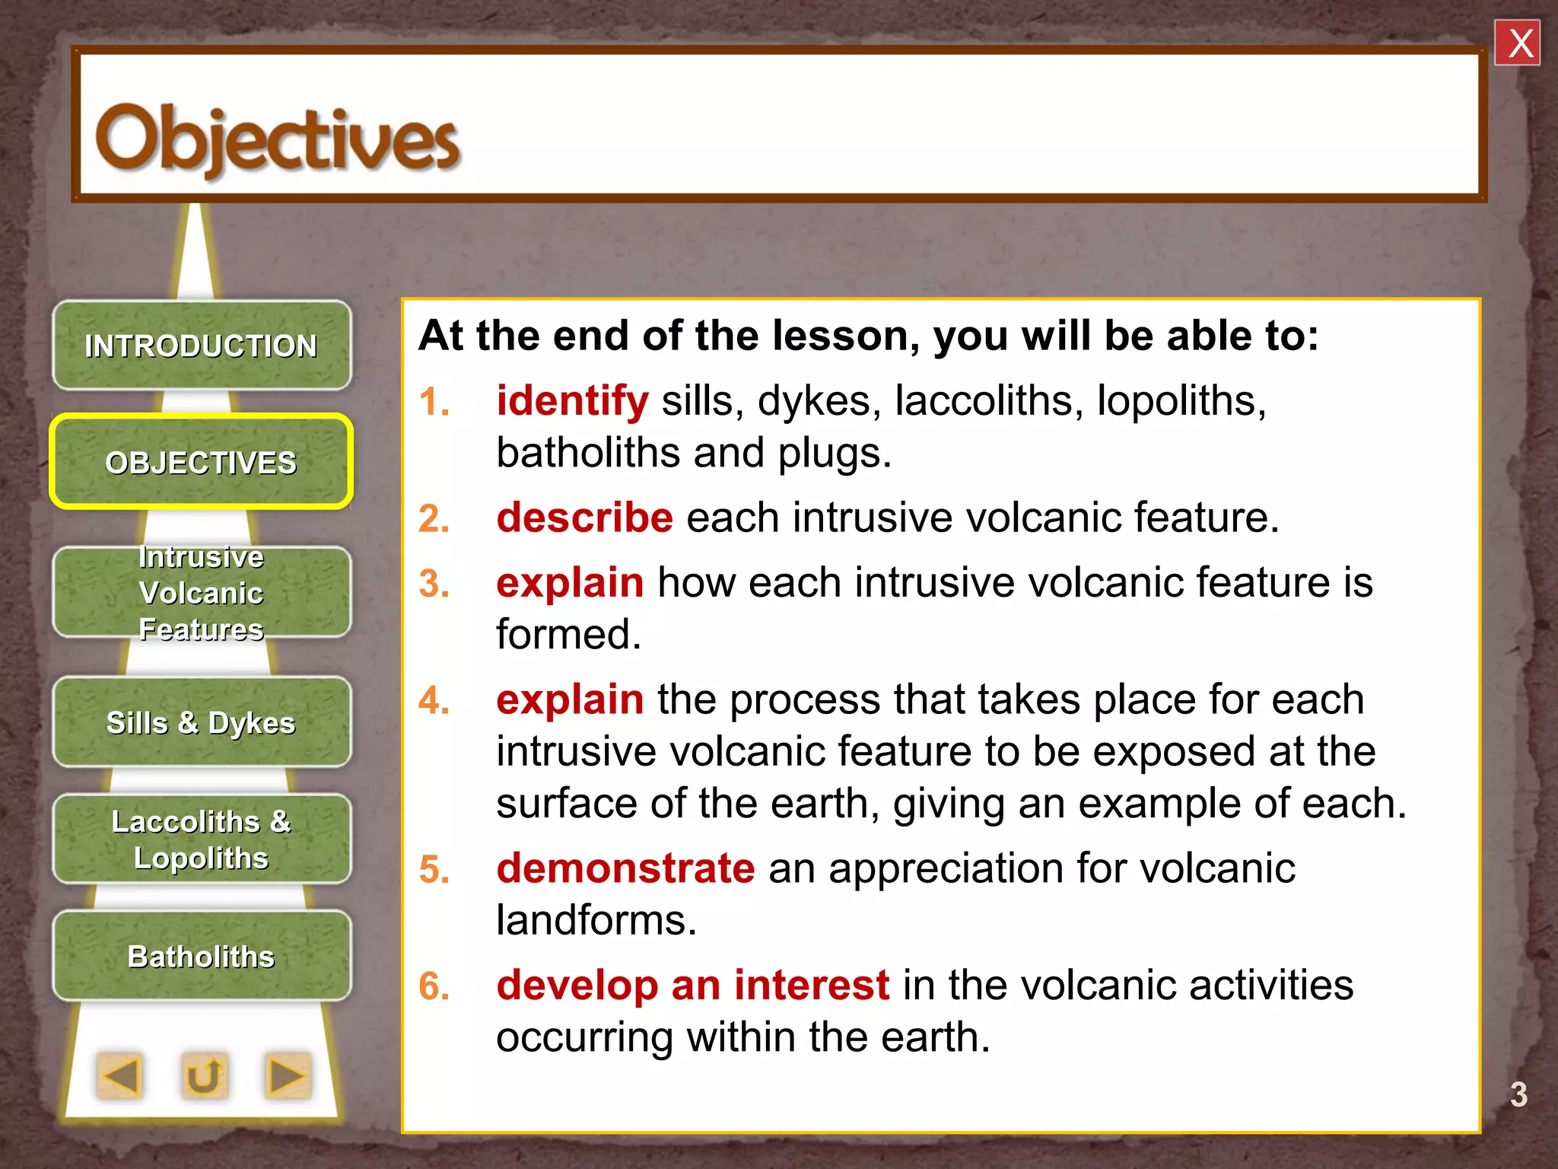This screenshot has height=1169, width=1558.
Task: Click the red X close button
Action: pyautogui.click(x=1517, y=43)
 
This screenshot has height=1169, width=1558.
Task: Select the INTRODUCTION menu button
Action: pyautogui.click(x=202, y=346)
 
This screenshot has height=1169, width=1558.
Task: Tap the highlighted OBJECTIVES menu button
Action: pyautogui.click(x=202, y=462)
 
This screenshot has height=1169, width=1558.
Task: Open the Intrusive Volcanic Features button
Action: pyautogui.click(x=202, y=593)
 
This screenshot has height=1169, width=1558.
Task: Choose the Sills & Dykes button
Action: pyautogui.click(x=202, y=722)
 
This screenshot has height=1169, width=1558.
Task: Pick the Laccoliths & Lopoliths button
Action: pyautogui.click(x=202, y=839)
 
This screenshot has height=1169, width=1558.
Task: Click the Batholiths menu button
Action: pyautogui.click(x=202, y=956)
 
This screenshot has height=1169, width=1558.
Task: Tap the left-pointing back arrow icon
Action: pyautogui.click(x=120, y=1076)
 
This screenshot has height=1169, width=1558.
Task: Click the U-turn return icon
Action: pyautogui.click(x=204, y=1076)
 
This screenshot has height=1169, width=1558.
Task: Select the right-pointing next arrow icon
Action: pyautogui.click(x=288, y=1076)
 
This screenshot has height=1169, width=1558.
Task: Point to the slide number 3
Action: pyautogui.click(x=1518, y=1094)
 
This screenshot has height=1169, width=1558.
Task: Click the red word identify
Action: pyautogui.click(x=572, y=400)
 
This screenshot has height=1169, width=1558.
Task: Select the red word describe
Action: pyautogui.click(x=584, y=518)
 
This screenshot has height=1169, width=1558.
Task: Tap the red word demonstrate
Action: pyautogui.click(x=625, y=868)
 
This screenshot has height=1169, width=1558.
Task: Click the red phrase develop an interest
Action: pyautogui.click(x=692, y=985)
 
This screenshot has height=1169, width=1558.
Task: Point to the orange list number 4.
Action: pyautogui.click(x=434, y=700)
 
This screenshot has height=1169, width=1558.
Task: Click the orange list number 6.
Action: pyautogui.click(x=434, y=986)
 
